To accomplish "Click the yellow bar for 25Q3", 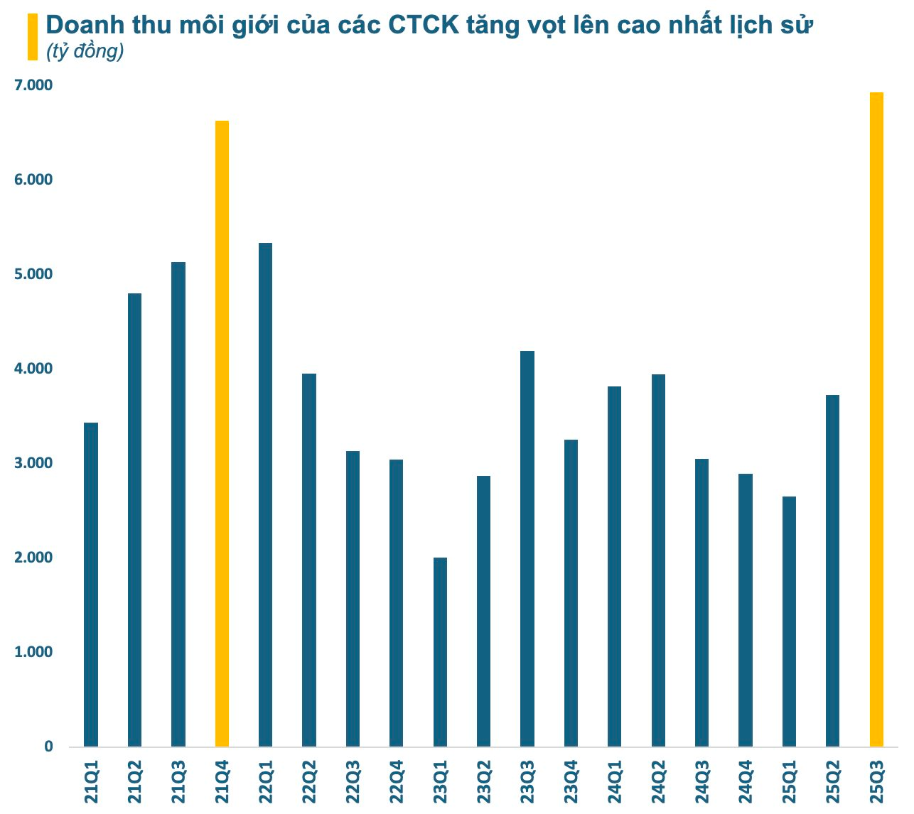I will [876, 419].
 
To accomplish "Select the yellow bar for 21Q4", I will [222, 433].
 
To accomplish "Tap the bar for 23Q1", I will [440, 652].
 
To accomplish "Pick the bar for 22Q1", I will [265, 494].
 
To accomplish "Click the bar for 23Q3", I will [527, 548].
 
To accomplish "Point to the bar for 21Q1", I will [91, 584].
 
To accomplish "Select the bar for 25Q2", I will [832, 570].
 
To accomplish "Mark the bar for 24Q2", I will [658, 560].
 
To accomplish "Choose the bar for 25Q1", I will [789, 622].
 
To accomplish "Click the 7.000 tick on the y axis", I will [33, 85].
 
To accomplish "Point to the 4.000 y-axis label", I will [33, 369].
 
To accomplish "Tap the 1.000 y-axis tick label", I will [33, 652].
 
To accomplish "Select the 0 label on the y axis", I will [48, 747].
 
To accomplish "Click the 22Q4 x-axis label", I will [397, 782].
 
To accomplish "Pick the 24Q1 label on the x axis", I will [615, 782].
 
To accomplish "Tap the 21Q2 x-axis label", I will [135, 782].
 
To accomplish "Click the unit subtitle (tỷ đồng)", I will [85, 51].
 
